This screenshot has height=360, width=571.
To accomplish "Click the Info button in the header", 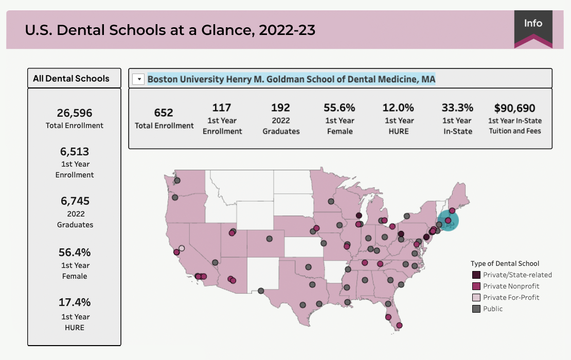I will tap(533, 24).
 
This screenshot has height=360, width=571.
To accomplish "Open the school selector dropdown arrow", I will tap(138, 79).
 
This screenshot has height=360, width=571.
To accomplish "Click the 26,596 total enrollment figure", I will tap(74, 113).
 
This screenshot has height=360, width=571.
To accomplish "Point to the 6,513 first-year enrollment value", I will tap(74, 152).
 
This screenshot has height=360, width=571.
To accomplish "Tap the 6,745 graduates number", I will tap(74, 201).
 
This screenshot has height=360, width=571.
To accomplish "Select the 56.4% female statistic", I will tap(74, 253).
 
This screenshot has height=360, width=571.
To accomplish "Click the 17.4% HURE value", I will tap(74, 302).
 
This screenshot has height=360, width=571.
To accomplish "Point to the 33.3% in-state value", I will tap(457, 108).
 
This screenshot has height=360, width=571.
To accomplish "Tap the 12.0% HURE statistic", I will tap(398, 108).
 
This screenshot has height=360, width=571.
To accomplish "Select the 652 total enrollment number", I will tap(164, 113).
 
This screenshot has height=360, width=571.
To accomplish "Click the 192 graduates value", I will tap(280, 108).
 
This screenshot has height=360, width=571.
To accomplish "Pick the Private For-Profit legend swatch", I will tap(476, 297).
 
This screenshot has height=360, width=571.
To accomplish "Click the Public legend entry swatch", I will tap(476, 309).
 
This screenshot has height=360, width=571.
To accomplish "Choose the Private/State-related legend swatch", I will tap(476, 275).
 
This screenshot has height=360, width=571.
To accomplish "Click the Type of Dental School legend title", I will tap(505, 264).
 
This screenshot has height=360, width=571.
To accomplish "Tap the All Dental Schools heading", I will tap(71, 79).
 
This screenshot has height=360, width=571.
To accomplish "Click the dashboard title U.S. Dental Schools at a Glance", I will tap(170, 30).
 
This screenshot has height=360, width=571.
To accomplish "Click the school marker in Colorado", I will tap(269, 239).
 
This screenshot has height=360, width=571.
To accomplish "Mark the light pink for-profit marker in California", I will tap(181, 248).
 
